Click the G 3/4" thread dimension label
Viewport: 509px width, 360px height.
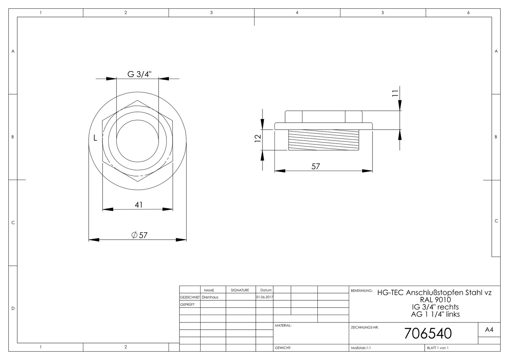tap(139, 74)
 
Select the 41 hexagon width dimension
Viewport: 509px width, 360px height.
tap(139, 205)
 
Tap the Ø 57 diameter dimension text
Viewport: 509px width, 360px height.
tap(140, 235)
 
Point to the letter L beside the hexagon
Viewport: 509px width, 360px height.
tap(95, 138)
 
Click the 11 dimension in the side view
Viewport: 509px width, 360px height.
tap(395, 93)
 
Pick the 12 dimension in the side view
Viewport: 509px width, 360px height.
tap(258, 138)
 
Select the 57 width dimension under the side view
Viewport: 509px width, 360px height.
tap(315, 166)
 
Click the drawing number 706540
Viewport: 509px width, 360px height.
tap(428, 333)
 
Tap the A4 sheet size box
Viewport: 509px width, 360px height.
tap(489, 330)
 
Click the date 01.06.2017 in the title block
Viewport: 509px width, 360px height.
tap(264, 297)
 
